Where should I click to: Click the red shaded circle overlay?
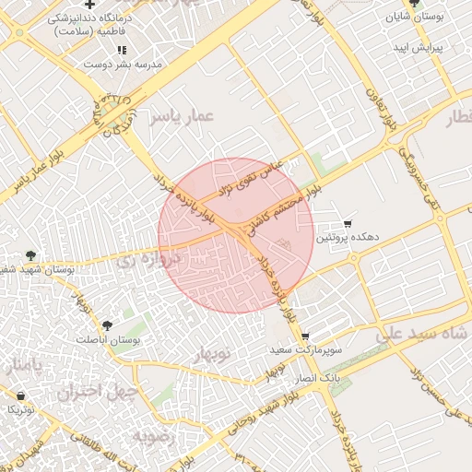236,236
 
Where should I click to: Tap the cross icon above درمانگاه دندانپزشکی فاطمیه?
89,6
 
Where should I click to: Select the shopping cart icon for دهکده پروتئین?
348,223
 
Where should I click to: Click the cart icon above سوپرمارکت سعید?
305,336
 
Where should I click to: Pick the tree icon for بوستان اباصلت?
109,325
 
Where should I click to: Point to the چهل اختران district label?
97,392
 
